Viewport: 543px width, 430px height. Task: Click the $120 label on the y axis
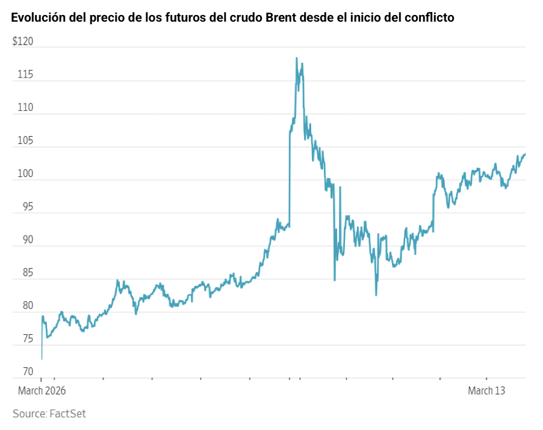tap(22, 42)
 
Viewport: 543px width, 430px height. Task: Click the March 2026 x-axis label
tap(42, 391)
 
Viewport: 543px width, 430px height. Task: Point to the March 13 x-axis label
tap(486, 391)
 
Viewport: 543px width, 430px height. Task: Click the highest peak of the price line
tap(296, 58)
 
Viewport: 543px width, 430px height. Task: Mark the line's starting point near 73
tap(42, 359)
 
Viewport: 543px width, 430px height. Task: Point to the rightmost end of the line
tap(525, 154)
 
